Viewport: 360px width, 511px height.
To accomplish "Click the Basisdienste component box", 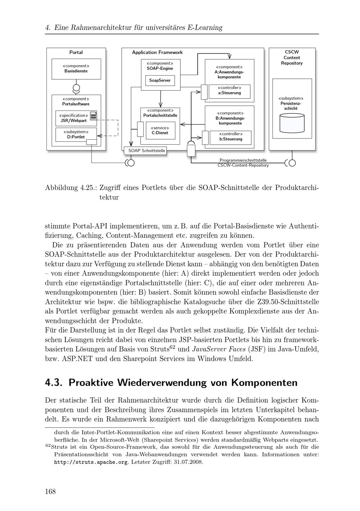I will click(x=76, y=69).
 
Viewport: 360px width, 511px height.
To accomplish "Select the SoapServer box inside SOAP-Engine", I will click(x=160, y=80).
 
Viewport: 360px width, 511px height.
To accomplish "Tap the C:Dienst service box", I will click(x=159, y=130).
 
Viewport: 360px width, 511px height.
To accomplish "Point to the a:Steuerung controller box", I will click(x=229, y=91).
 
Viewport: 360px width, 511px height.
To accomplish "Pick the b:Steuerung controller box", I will click(x=230, y=137).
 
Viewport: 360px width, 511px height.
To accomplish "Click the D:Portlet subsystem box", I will click(x=76, y=134).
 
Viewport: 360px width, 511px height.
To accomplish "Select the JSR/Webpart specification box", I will click(x=74, y=118).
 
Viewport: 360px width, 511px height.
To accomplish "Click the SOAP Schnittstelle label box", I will click(x=145, y=151).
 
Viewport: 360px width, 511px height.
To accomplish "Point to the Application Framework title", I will click(x=157, y=53).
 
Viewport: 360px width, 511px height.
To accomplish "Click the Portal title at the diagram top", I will click(x=76, y=53).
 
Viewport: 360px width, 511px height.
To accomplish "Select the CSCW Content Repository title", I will click(x=292, y=58).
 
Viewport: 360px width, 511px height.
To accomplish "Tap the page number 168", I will click(x=50, y=492).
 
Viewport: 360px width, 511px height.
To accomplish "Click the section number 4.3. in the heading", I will click(x=54, y=382).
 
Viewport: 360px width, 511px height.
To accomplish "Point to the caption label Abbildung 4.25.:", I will click(x=71, y=188).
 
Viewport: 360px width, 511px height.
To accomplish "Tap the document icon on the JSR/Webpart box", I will click(x=94, y=116).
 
